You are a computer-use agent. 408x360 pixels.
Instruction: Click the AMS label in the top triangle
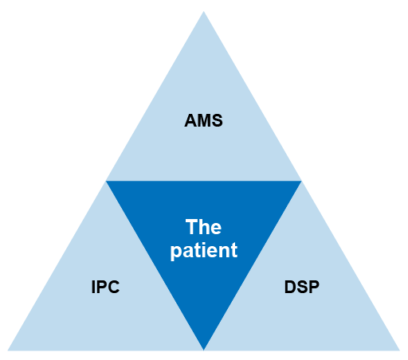[203, 122]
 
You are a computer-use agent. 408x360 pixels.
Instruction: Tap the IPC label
[105, 287]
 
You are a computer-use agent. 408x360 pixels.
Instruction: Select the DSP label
[302, 287]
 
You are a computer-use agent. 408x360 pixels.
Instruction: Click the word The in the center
[204, 226]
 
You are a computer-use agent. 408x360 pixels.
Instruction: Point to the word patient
[204, 250]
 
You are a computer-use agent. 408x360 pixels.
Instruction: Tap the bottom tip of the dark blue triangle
[204, 348]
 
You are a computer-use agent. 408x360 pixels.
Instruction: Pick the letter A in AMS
[191, 122]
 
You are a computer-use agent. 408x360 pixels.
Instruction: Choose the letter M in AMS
[203, 122]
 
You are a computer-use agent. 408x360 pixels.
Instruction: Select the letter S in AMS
[216, 122]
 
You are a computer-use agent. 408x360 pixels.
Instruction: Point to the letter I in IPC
[93, 287]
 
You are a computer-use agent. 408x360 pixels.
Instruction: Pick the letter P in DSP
[314, 287]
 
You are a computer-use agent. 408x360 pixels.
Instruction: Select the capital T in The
[191, 226]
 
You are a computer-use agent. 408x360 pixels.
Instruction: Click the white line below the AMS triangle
[204, 180]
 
